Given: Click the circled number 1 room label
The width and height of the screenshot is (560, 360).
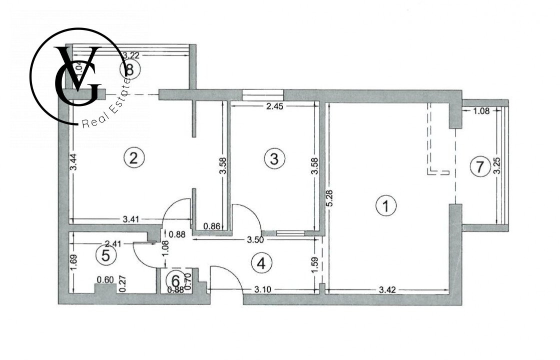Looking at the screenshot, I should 386,205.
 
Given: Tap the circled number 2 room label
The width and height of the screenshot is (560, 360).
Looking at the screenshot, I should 134,158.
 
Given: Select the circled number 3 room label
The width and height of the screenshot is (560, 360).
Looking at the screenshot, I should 274,158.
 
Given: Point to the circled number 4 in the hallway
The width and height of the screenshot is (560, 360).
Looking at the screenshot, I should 261,263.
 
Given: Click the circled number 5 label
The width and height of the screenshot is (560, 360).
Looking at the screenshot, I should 106,255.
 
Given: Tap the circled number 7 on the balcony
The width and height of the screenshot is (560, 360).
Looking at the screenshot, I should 479,167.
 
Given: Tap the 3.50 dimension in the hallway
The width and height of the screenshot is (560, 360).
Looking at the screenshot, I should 256,239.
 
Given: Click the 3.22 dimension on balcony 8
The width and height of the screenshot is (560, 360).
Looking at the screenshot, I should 131,55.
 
